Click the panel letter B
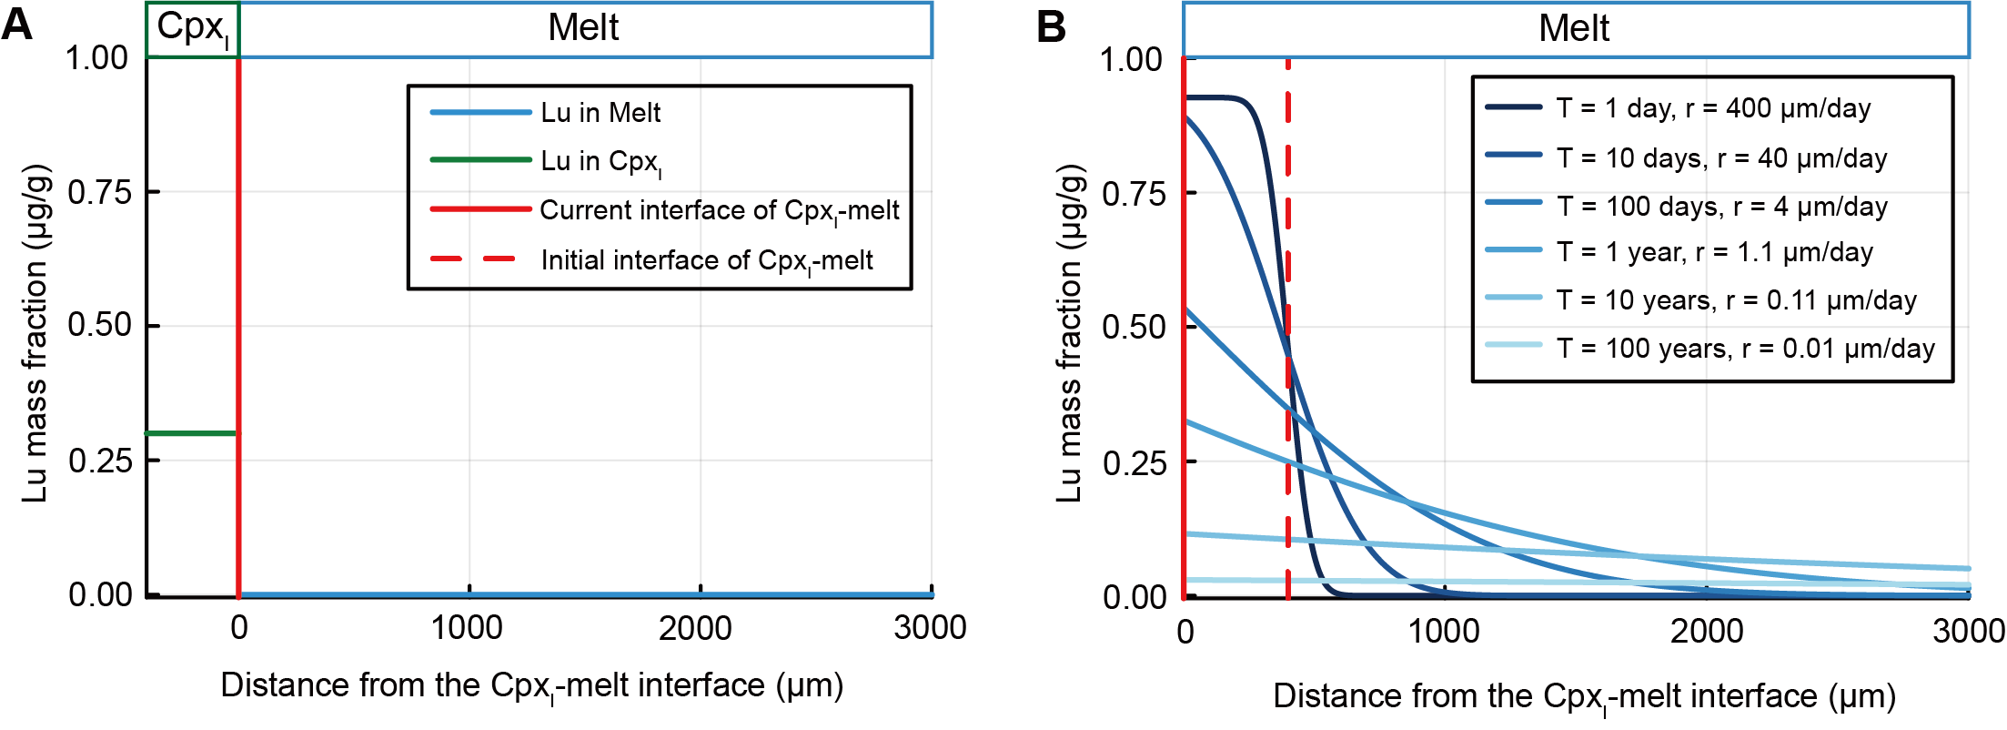1051,27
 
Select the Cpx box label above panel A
192,28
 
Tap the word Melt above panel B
1574,28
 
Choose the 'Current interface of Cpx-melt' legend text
719,211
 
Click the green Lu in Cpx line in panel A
191,433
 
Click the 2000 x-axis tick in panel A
695,628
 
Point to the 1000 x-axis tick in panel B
1443,631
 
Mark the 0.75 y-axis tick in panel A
98,193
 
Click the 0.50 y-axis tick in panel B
1133,328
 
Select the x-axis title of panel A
531,686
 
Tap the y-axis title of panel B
1070,332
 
